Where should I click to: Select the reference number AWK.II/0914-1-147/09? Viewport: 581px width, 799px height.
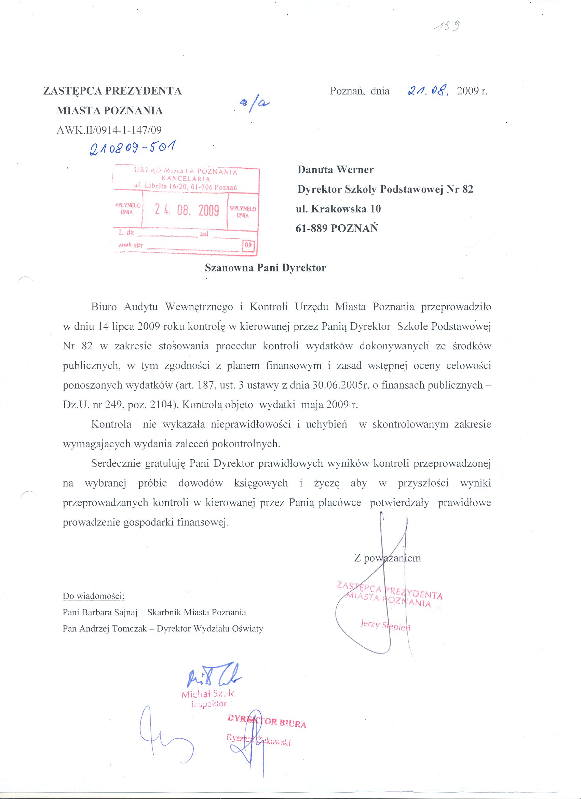109,130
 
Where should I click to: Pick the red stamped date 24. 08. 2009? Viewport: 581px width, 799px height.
187,210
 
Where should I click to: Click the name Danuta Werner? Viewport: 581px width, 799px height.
335,169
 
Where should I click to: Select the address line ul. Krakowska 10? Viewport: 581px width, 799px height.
338,209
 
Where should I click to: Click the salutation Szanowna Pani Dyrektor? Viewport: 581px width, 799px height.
266,268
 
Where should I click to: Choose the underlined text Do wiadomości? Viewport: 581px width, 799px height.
93,596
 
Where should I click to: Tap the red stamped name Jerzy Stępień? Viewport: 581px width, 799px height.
385,625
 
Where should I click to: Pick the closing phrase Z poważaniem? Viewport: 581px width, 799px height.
388,558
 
